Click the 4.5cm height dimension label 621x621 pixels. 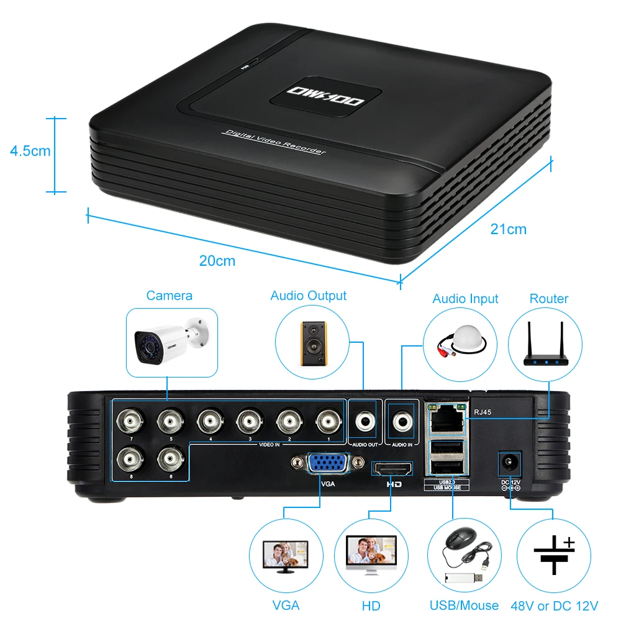(30, 150)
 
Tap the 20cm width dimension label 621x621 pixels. (217, 261)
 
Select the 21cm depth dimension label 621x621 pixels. (508, 229)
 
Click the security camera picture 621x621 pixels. (171, 341)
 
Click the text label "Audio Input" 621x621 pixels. (465, 299)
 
